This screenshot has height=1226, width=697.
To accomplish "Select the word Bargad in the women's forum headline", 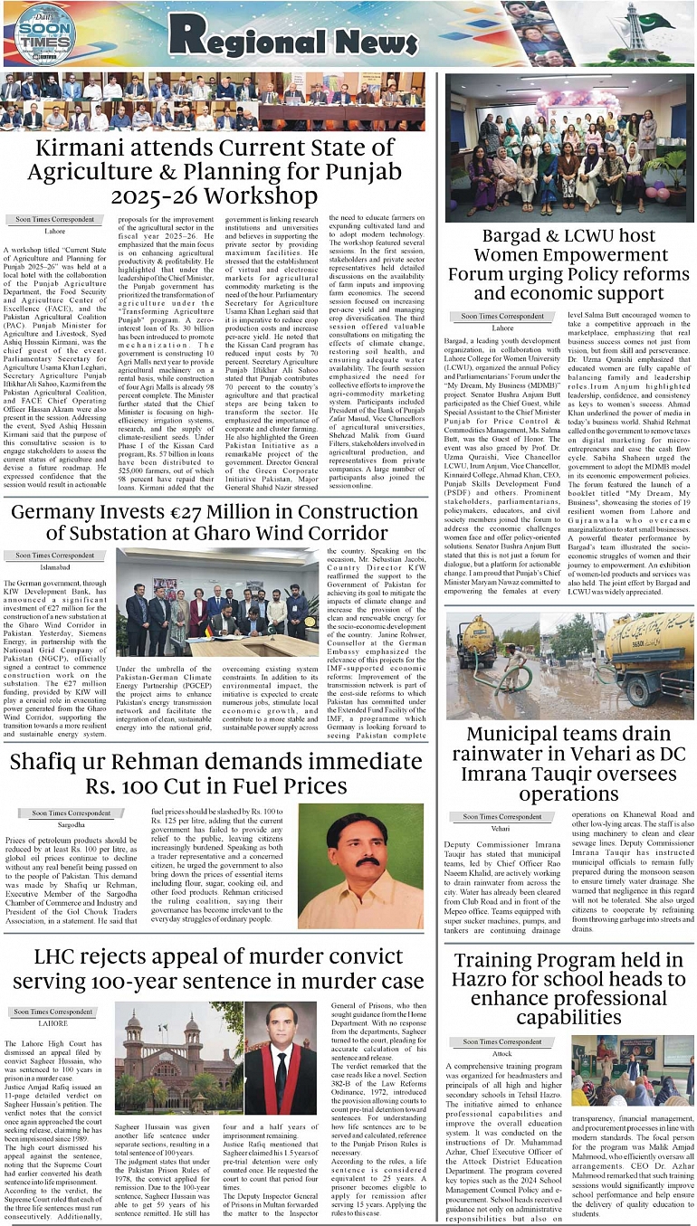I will pos(511,237).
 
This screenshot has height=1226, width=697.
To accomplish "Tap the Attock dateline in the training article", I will pos(501,1054).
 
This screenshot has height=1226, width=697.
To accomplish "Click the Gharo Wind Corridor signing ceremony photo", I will pos(218,602).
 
